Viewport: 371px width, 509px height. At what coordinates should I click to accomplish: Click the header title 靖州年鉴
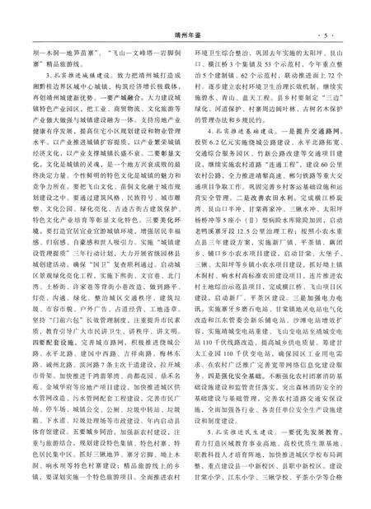(187, 12)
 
